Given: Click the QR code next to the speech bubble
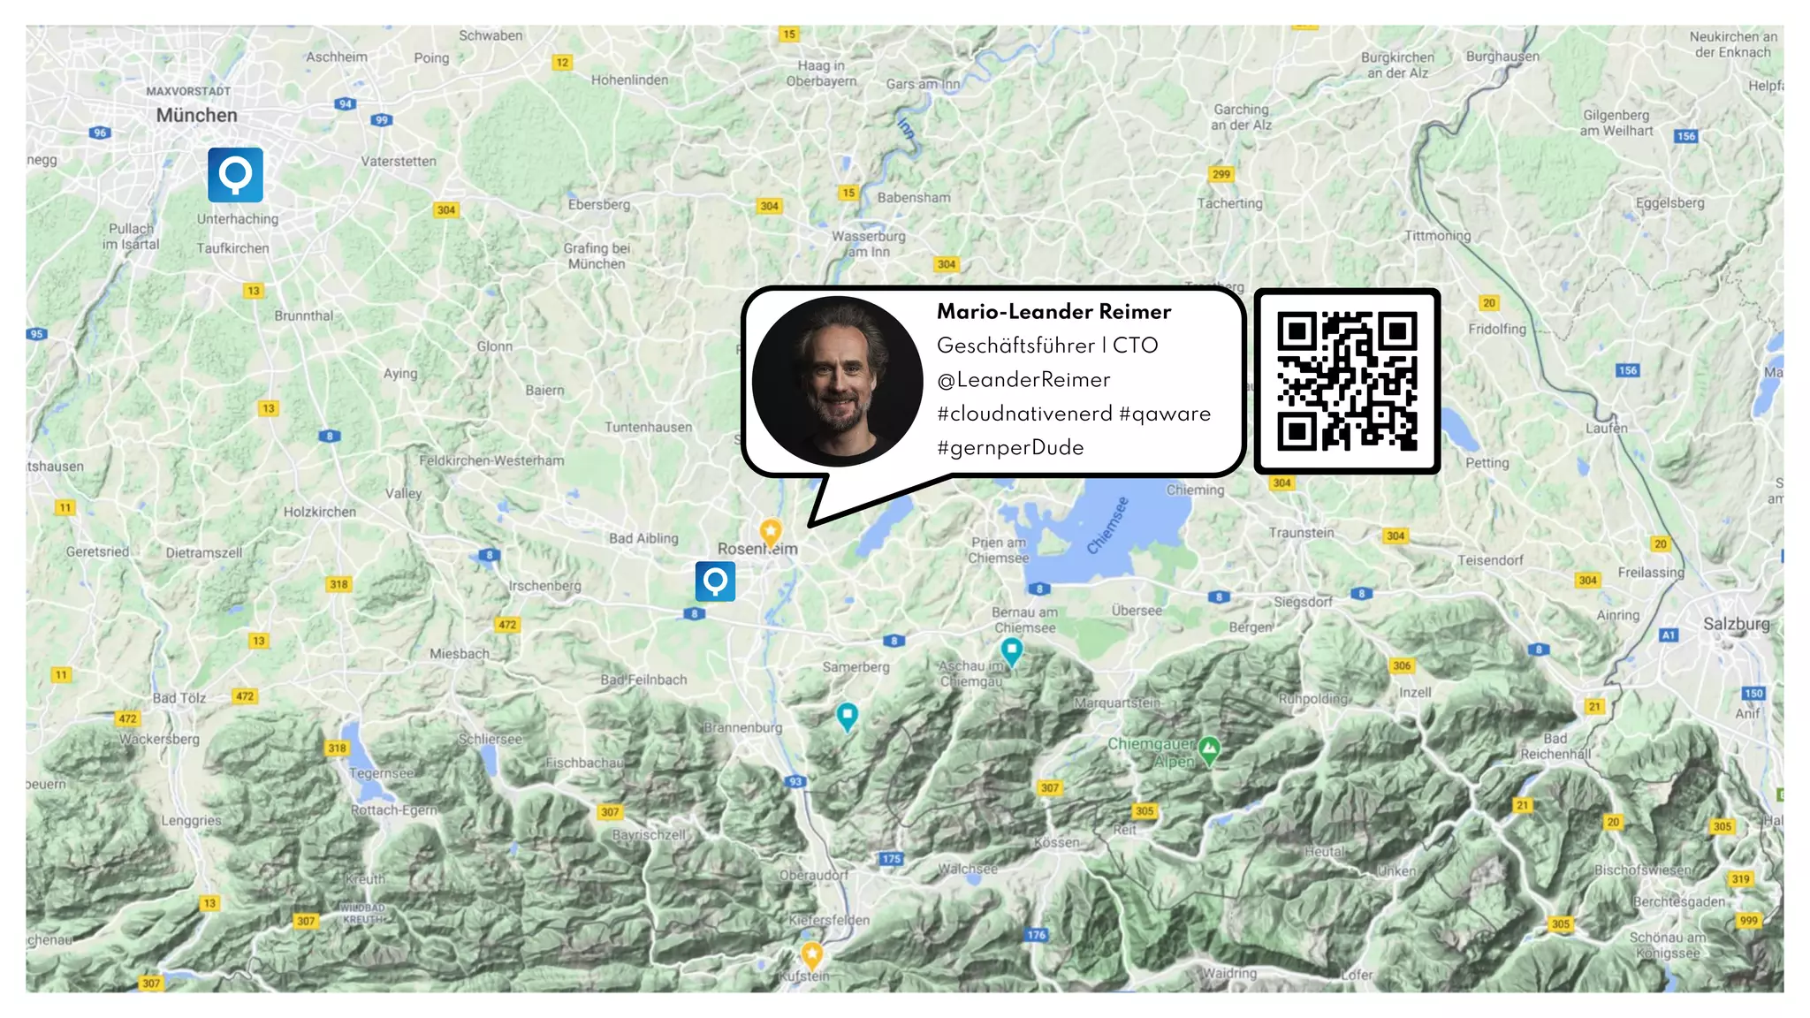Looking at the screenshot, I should coord(1347,381).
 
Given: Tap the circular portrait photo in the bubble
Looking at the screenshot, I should coord(837,381).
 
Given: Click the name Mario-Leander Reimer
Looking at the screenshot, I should coord(1053,312).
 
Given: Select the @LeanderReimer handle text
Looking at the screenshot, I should coord(1023,380).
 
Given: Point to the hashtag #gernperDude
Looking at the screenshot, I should coord(1010,448).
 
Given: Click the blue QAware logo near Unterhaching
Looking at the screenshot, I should coord(235,175).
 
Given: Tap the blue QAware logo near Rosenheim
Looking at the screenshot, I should coord(715,581).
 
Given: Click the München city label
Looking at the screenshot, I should coord(196,116).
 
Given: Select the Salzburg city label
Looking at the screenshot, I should coord(1736,624).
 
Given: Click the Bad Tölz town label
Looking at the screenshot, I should coord(179,698).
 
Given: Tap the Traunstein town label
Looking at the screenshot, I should coord(1301,533).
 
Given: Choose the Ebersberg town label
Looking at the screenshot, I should coord(599,205).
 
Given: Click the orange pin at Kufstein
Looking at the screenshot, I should coord(811,954).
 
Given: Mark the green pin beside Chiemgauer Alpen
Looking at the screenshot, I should coord(1209,749).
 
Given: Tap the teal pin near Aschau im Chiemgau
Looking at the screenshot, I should coord(1011,651).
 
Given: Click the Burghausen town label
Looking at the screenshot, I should coord(1502,57).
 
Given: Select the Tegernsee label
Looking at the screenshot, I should coord(381,773).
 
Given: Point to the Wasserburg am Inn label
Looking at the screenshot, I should coord(868,244).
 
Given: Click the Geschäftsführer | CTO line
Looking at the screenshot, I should coord(1046,346).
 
